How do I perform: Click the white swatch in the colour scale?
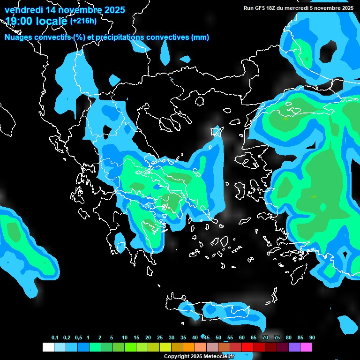pyautogui.click(x=48, y=347)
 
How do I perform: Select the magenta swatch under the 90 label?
pyautogui.click(x=306, y=347)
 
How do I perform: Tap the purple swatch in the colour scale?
pyautogui.click(x=294, y=347)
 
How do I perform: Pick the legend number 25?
pyautogui.click(x=159, y=338)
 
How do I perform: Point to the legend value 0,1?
pyautogui.click(x=54, y=338)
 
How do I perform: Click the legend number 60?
pyautogui.click(x=241, y=338)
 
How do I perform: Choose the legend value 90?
pyautogui.click(x=312, y=338)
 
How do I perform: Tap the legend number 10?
pyautogui.click(x=124, y=338)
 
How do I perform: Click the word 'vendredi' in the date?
pyautogui.click(x=24, y=10)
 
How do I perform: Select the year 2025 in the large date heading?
pyautogui.click(x=111, y=10)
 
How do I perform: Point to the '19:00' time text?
pyautogui.click(x=18, y=21)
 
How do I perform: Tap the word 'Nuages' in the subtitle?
pyautogui.click(x=19, y=37)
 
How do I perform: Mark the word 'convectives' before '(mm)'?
pyautogui.click(x=167, y=37)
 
